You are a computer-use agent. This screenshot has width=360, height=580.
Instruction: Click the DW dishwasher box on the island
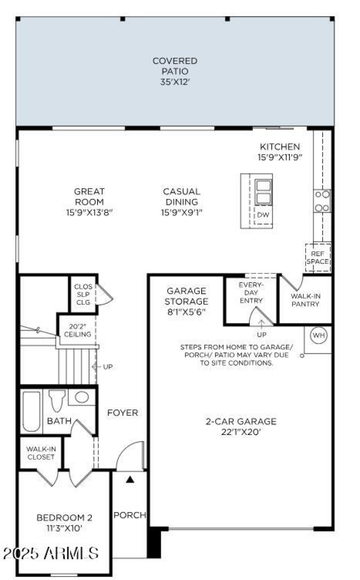tap(263, 215)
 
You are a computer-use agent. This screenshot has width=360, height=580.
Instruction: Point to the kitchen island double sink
tap(263, 192)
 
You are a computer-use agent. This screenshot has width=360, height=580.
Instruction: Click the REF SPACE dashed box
tap(318, 258)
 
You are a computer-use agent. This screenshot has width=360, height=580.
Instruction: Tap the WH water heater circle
tap(319, 335)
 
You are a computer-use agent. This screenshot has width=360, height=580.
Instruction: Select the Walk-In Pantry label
tap(305, 300)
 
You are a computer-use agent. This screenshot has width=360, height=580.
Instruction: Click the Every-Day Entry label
tap(251, 293)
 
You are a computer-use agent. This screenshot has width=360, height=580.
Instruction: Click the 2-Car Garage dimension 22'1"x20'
tap(241, 432)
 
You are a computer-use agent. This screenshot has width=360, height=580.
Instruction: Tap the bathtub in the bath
tap(31, 411)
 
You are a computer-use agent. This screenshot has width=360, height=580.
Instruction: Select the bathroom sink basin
tap(81, 397)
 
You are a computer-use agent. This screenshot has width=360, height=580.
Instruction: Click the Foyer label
tap(122, 412)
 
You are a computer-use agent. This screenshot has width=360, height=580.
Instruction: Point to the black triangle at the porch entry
tap(130, 480)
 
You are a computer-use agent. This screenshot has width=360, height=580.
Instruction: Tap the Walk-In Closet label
tap(40, 453)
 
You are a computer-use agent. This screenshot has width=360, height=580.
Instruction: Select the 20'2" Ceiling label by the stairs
tap(77, 331)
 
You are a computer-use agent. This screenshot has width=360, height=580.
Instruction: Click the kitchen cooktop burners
tap(322, 201)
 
